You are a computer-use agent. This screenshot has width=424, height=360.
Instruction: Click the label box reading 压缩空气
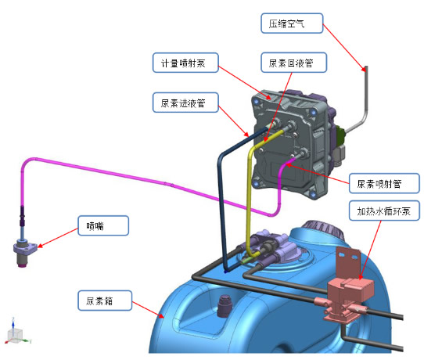tap(292, 23)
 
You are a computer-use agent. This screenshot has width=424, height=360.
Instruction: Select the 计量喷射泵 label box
tap(185, 63)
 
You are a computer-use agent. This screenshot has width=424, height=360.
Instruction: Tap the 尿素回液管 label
tap(294, 63)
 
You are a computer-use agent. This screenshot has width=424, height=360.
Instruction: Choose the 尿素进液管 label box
tap(185, 103)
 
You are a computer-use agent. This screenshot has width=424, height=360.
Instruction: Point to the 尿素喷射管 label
tap(384, 183)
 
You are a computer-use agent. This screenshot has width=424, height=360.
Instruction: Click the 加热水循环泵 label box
tap(384, 211)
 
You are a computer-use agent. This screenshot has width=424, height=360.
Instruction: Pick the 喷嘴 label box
tap(103, 225)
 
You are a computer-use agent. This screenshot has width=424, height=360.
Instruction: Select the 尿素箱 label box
tap(105, 301)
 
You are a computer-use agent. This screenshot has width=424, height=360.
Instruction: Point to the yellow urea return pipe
tap(249, 189)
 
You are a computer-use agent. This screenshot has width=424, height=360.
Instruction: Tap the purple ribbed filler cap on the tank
tap(322, 229)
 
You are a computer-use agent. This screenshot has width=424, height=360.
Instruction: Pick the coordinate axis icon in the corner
tap(16, 332)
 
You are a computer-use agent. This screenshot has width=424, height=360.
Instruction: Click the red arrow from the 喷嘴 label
tap(58, 238)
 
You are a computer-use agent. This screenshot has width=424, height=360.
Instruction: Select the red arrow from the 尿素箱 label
tap(148, 309)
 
